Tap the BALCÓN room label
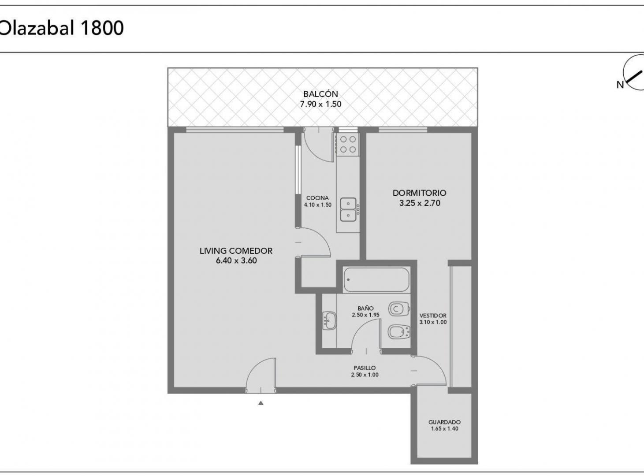tap(320, 94)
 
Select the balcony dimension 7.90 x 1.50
tap(320, 104)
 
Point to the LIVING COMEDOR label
tap(236, 251)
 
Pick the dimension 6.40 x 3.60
tap(236, 260)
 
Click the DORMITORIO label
tap(419, 193)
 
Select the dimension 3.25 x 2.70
tap(419, 203)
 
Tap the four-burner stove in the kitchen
tap(348, 145)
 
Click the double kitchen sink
tap(348, 209)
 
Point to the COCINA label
tap(317, 198)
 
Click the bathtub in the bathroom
tap(376, 280)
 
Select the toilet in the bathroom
tap(398, 309)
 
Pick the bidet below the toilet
tap(398, 331)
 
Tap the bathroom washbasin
tap(329, 320)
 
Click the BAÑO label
tap(365, 309)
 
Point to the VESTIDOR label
tap(432, 316)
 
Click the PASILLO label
tap(365, 368)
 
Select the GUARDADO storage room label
tap(444, 422)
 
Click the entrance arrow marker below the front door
tap(261, 402)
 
